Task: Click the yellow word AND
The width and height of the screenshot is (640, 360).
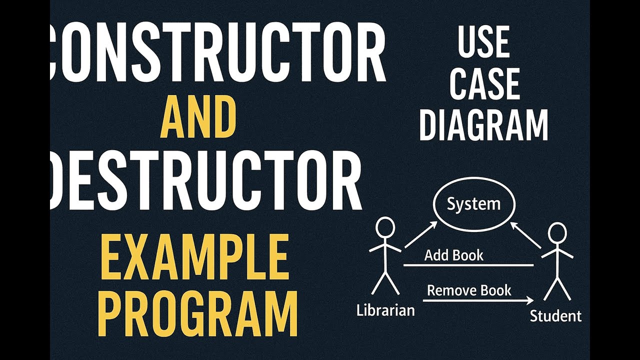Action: (198, 118)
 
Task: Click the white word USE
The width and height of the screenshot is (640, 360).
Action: (483, 43)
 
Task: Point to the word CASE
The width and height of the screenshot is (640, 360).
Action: (484, 84)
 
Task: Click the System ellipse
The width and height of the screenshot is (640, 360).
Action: (473, 204)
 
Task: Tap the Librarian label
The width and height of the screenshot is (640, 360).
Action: (385, 310)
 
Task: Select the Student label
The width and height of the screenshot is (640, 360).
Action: (555, 316)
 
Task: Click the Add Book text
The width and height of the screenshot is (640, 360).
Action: (453, 255)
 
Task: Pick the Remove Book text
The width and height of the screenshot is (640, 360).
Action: (469, 290)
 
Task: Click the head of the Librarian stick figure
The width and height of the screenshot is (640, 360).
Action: (385, 228)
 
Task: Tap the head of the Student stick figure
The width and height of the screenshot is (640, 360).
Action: (556, 233)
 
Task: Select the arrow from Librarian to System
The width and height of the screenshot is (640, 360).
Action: (420, 235)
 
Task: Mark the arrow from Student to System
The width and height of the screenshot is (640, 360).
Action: (525, 236)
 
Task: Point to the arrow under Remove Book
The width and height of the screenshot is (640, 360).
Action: (477, 300)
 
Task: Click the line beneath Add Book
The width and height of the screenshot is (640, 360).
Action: (468, 265)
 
